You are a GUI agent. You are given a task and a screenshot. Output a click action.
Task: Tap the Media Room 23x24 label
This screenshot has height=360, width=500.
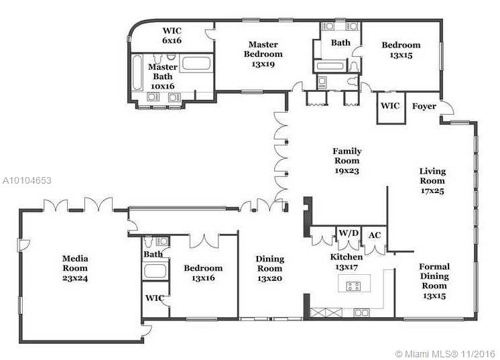tap(75, 268)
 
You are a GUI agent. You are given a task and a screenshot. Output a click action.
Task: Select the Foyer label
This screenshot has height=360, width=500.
tap(424, 106)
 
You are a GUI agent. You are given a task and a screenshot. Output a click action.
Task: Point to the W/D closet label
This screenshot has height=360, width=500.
tap(349, 233)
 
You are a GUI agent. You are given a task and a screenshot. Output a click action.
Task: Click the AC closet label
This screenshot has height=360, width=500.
tap(375, 235)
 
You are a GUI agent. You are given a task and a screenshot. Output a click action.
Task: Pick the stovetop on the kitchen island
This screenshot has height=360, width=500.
tap(354, 286)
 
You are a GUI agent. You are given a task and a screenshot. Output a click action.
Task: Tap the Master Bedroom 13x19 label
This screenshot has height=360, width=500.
tap(263, 54)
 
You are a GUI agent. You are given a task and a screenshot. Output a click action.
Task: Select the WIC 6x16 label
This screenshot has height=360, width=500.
tap(172, 36)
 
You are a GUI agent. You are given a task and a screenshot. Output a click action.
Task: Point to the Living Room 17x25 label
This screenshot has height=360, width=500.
tap(432, 181)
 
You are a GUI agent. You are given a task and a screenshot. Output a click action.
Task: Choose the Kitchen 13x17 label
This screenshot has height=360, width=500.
tap(347, 262)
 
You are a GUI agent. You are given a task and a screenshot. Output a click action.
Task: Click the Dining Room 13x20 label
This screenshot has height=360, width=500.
tap(269, 268)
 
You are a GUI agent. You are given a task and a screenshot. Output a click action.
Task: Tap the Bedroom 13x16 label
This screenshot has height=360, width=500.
tap(203, 273)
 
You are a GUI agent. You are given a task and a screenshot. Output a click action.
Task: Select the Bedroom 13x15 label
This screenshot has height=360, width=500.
tap(401, 50)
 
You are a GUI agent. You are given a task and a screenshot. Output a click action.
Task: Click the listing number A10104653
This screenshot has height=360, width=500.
tap(27, 180)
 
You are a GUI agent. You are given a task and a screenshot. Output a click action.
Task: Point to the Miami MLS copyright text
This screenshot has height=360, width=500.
tap(445, 353)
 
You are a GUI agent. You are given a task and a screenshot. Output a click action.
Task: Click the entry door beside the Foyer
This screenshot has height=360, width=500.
tap(448, 109)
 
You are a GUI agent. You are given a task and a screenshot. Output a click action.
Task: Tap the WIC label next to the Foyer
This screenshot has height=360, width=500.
tap(390, 105)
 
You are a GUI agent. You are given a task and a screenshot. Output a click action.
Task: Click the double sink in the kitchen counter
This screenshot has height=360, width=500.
tap(362, 313)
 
